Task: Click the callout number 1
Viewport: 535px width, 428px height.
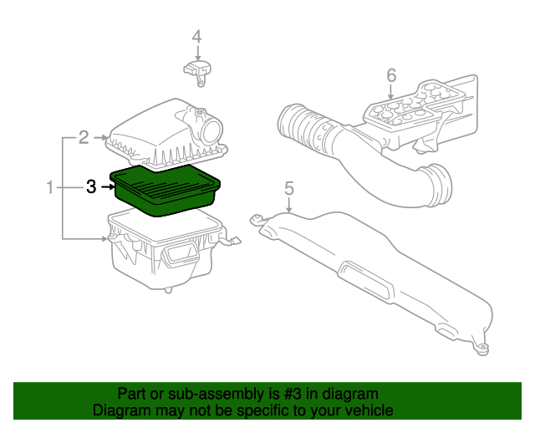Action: (50, 187)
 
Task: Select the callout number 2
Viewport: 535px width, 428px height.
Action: (84, 136)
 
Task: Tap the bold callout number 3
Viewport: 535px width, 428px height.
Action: (91, 187)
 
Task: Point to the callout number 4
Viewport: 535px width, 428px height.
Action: (196, 37)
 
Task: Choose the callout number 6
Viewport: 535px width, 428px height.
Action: (391, 76)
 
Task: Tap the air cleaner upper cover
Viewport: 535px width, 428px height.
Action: (159, 134)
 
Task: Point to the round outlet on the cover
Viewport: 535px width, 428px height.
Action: (211, 130)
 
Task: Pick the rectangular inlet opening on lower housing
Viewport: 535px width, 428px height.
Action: (179, 256)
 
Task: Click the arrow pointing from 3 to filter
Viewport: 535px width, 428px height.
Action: (107, 187)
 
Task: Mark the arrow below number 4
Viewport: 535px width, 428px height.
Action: (196, 52)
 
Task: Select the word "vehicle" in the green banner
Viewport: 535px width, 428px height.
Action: (366, 410)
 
